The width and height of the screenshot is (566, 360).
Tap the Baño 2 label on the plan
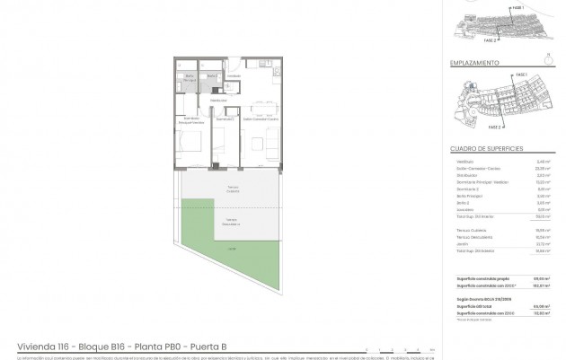[211, 77]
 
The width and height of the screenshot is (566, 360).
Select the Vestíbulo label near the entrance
[233, 76]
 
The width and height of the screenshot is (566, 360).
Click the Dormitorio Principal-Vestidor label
[191, 119]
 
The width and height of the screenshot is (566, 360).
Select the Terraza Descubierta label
[232, 220]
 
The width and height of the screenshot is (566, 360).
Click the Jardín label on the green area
[232, 248]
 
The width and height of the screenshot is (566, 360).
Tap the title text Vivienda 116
[45, 344]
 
